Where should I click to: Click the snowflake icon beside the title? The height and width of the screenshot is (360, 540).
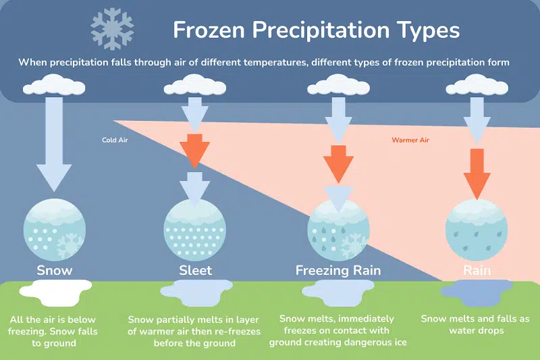point(112,30)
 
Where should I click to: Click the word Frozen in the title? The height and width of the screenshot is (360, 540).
point(209,30)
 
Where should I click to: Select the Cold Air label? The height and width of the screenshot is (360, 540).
point(115,140)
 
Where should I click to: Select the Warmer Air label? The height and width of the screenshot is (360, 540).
point(410,140)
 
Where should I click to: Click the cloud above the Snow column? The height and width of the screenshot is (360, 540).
point(54,84)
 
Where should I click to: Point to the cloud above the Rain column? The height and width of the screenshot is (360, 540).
point(477,84)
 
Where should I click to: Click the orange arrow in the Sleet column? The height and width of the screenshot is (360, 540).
point(194,151)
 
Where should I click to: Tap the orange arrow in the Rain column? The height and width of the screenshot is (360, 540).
point(477,174)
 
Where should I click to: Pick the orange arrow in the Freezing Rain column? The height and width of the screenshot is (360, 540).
point(338,164)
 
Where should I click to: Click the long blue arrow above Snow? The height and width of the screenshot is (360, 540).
point(54,144)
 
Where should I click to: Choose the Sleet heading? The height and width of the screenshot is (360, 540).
point(195,270)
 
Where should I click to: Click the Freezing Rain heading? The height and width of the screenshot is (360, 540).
point(338,271)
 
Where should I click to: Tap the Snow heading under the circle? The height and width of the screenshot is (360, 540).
point(55,270)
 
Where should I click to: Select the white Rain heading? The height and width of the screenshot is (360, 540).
point(477,270)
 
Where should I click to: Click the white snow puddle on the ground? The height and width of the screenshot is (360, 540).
point(55,292)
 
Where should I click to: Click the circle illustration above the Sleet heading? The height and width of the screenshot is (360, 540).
point(194,230)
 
